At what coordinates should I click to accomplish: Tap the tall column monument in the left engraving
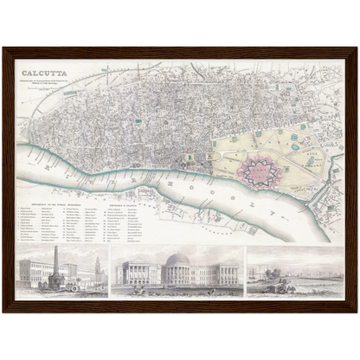pos(55,263)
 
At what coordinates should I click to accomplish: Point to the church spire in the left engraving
pos(98,265)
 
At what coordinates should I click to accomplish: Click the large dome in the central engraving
pos(178,260)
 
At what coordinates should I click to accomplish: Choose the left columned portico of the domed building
pos(138,275)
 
